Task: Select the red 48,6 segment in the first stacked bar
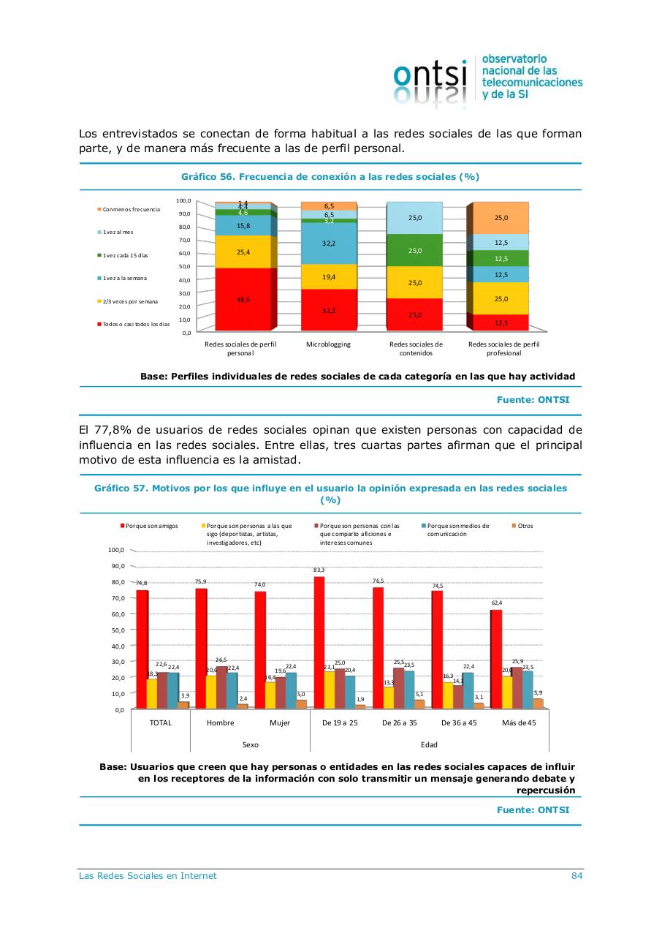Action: (243, 299)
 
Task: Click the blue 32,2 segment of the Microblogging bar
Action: (329, 243)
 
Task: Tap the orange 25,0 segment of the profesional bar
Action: (501, 217)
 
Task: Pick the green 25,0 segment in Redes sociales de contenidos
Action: (414, 250)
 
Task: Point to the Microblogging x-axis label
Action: (329, 344)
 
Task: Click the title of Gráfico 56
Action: (330, 177)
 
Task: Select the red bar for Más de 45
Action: (496, 658)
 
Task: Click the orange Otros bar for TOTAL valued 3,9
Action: (184, 705)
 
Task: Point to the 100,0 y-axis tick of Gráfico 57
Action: (115, 550)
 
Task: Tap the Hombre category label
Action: (220, 722)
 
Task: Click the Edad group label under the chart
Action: (429, 744)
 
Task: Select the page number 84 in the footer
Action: (577, 876)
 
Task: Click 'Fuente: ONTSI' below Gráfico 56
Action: (533, 400)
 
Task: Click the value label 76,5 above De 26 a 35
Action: (378, 581)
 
